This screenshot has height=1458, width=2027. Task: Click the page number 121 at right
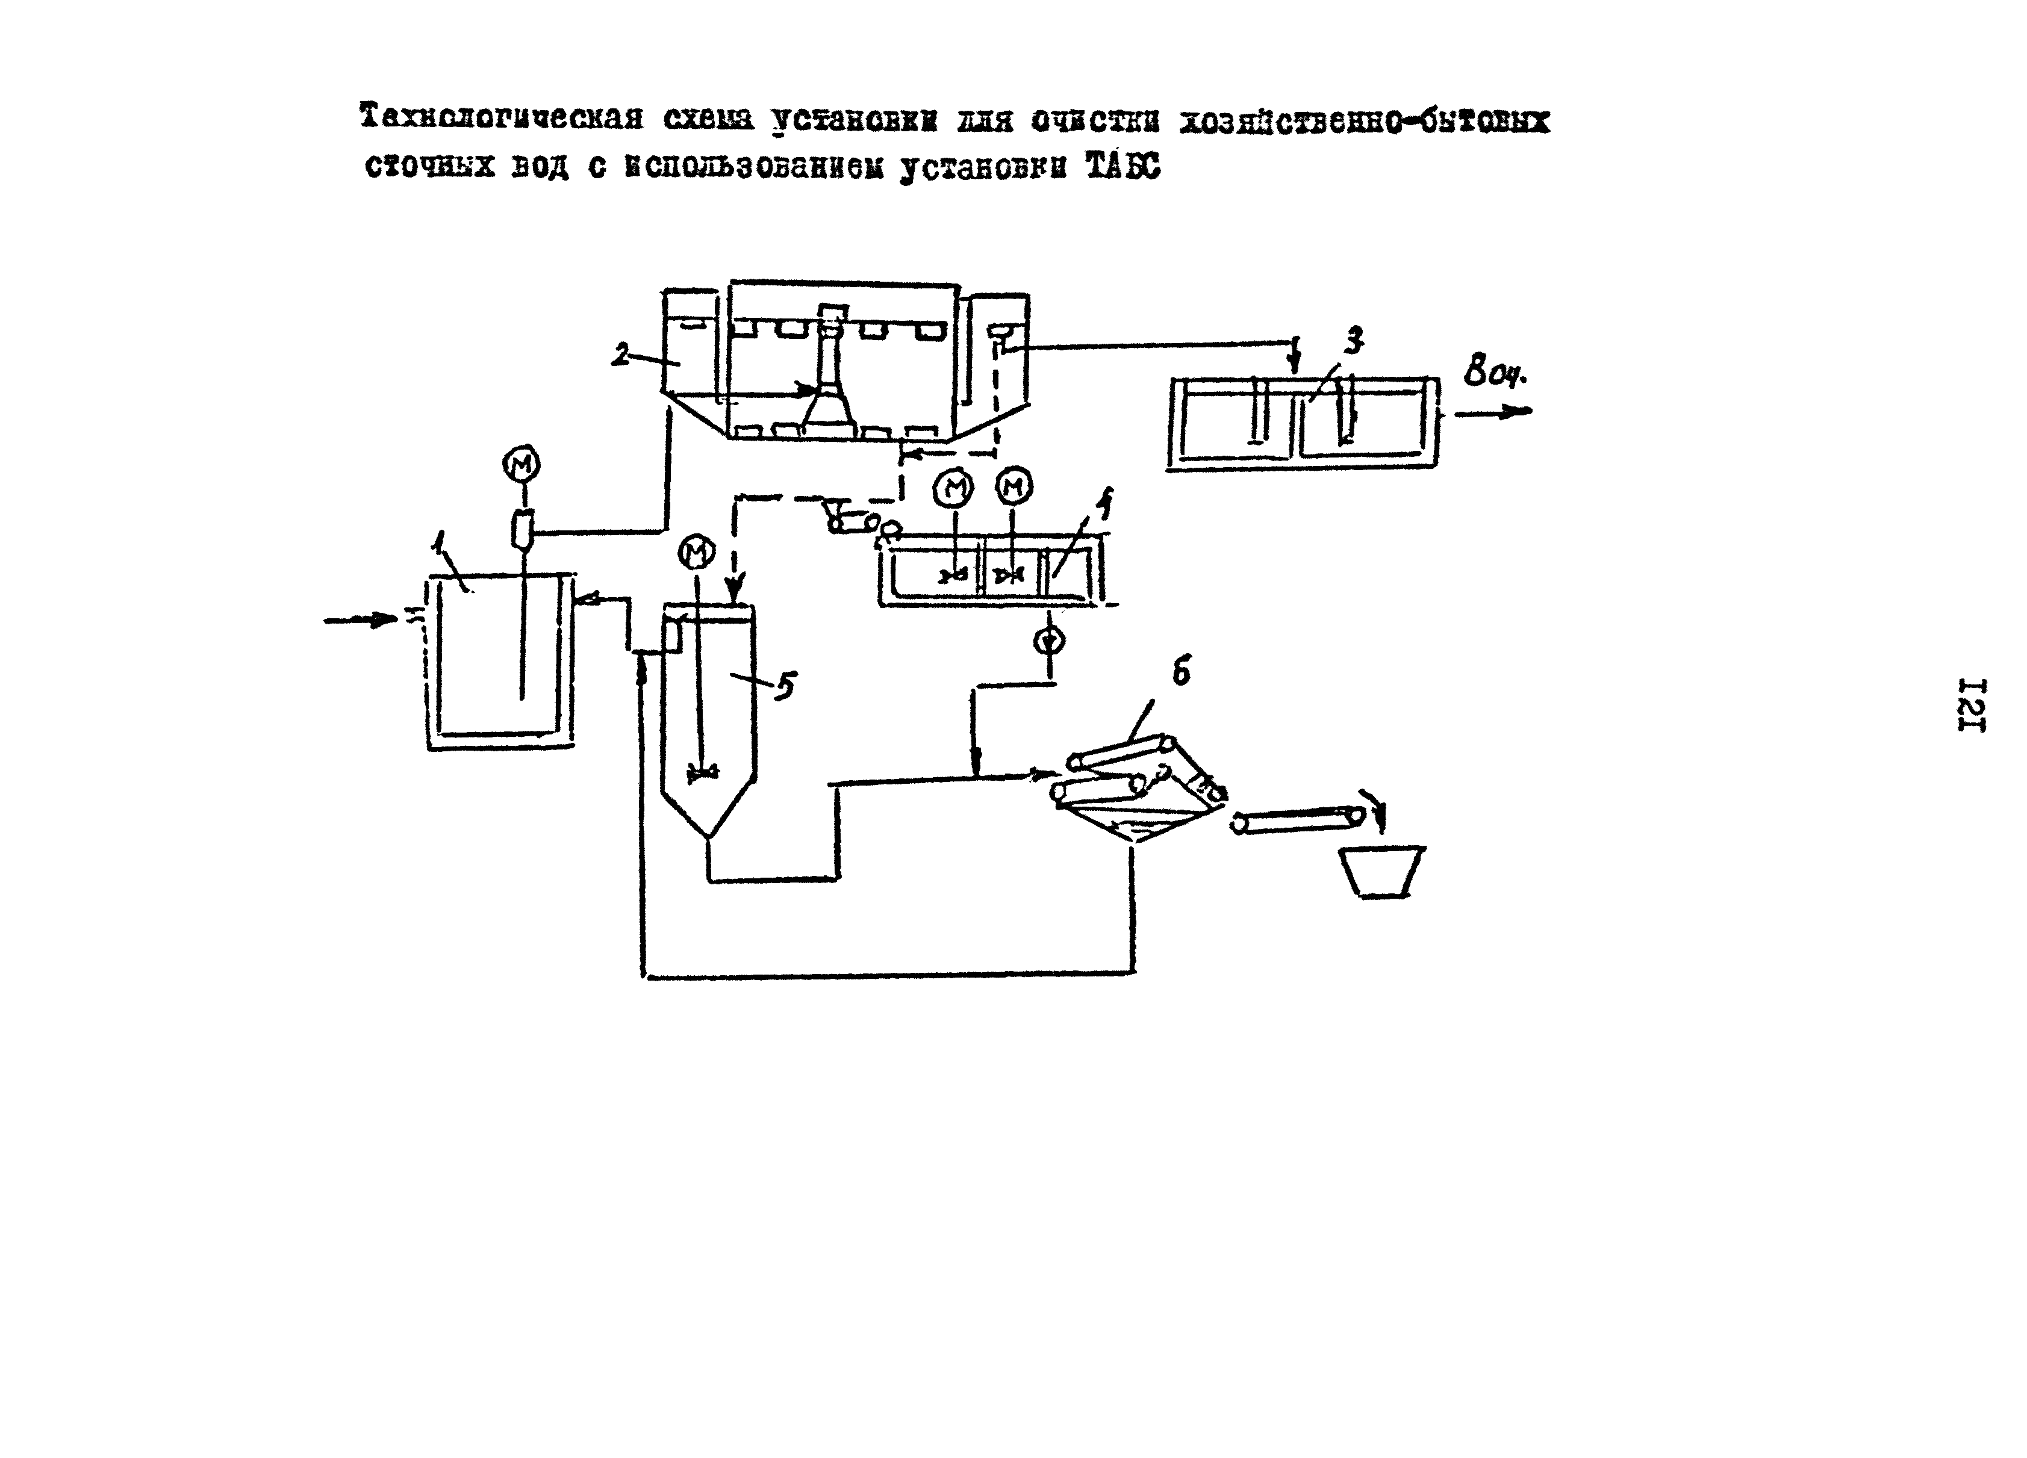click(1970, 706)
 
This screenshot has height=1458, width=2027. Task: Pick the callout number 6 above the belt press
click(1181, 672)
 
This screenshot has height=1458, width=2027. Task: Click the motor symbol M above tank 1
click(521, 465)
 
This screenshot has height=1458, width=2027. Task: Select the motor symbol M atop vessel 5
click(697, 553)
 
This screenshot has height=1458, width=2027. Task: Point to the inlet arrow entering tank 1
click(361, 619)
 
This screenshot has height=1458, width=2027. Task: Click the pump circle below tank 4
click(1048, 640)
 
